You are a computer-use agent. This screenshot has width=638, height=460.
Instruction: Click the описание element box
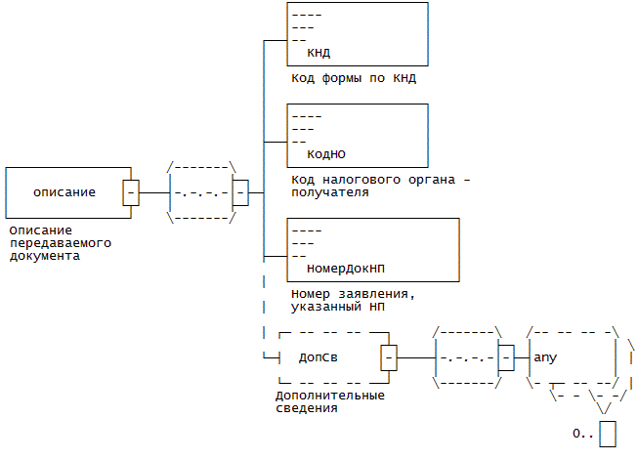click(64, 192)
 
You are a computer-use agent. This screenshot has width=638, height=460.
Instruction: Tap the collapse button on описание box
click(131, 192)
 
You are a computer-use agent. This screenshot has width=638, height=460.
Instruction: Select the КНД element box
click(357, 34)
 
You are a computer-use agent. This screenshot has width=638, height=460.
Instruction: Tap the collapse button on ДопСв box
click(389, 358)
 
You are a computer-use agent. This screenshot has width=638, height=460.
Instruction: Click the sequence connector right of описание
click(199, 192)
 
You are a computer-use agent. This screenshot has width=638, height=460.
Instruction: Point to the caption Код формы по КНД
click(361, 77)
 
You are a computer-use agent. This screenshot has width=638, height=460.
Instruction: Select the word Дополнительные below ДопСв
click(329, 396)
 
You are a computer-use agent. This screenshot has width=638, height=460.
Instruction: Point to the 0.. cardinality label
click(583, 433)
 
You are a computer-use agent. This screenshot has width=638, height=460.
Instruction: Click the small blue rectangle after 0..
click(608, 433)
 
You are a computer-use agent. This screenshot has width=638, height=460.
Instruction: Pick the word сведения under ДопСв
click(306, 408)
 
